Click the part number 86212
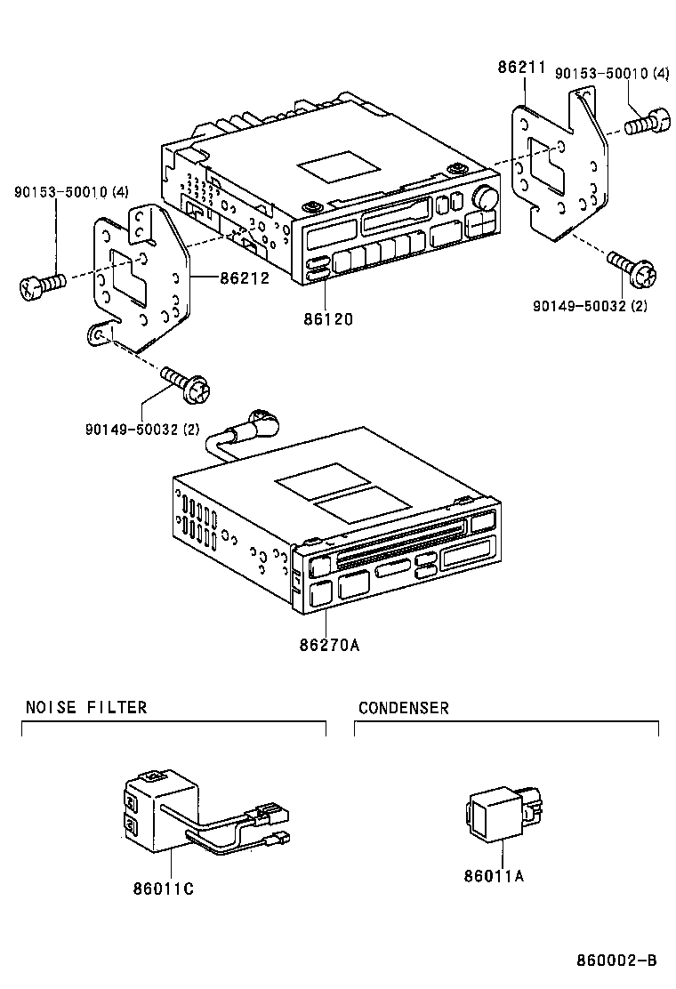pos(245,277)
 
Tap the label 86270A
pos(329,646)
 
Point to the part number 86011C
pos(164,888)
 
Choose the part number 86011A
pos(494,875)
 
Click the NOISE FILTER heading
pos(85,708)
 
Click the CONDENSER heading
pos(403,708)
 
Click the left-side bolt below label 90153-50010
pos(41,285)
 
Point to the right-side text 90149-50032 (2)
pos(590,305)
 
